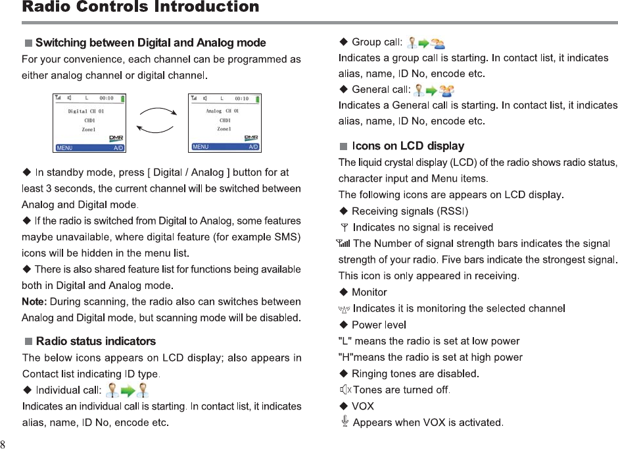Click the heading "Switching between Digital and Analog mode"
(151, 43)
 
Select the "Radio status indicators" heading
(96, 341)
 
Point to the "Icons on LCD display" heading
(408, 145)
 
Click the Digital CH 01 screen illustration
(89, 122)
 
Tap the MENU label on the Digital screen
(65, 147)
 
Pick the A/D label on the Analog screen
(253, 147)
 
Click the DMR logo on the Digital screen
(116, 138)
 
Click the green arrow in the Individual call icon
(128, 391)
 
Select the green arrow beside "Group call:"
(424, 43)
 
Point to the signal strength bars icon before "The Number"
(344, 244)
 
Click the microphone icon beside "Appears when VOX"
(345, 421)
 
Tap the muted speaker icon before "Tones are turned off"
(345, 390)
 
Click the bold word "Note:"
(34, 302)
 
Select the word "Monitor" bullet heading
(369, 292)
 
